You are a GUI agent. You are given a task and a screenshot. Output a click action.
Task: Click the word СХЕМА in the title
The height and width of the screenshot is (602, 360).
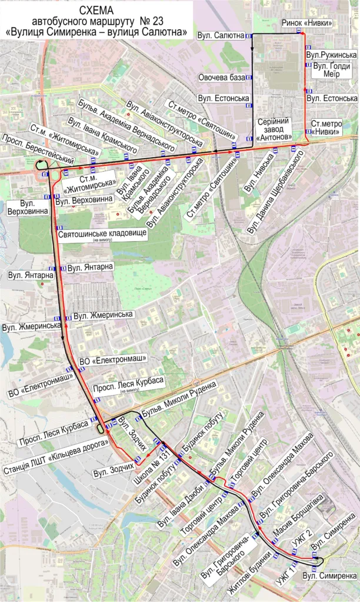coord(96,11)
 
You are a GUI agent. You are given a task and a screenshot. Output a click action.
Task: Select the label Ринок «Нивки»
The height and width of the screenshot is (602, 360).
coord(306,23)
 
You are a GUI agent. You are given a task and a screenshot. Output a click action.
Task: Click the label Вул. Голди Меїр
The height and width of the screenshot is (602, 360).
coord(332,70)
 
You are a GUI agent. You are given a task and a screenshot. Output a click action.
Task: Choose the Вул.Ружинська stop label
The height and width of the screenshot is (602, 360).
coord(332,55)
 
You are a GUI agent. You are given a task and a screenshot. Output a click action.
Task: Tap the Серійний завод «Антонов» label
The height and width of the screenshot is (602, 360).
coord(275,129)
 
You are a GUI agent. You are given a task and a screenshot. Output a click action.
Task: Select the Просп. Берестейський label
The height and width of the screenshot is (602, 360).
coord(38,148)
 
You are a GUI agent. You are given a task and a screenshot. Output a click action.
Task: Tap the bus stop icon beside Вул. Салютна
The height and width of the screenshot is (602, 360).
coord(249,36)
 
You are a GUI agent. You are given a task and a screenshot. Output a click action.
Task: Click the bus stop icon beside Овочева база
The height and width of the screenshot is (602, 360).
coord(249,77)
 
